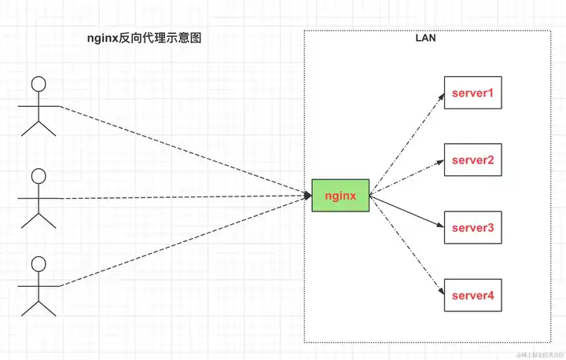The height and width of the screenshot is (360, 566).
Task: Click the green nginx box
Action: click(x=340, y=195)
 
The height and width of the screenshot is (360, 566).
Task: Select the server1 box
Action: click(x=472, y=94)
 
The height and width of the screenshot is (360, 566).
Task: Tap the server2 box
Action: click(x=472, y=160)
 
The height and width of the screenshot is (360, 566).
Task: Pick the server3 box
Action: click(x=472, y=228)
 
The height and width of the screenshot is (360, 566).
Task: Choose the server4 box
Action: click(x=472, y=295)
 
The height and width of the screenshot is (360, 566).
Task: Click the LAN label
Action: click(x=426, y=39)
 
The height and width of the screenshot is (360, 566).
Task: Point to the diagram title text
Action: click(x=144, y=38)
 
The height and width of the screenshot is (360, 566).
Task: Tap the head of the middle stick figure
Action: click(x=39, y=175)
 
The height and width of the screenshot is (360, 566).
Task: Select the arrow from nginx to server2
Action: click(x=405, y=178)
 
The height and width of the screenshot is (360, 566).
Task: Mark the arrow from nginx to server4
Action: click(x=405, y=244)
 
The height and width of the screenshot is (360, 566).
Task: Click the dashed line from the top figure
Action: click(x=181, y=150)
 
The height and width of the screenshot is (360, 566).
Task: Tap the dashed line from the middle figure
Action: click(x=181, y=198)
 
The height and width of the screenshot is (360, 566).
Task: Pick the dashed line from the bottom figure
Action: click(x=181, y=243)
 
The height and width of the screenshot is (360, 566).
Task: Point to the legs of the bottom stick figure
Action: click(x=39, y=307)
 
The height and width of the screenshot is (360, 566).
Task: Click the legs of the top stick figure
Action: click(x=39, y=127)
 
